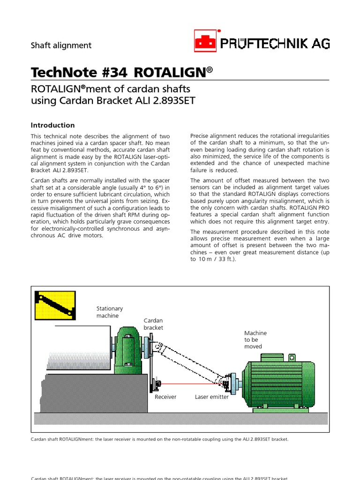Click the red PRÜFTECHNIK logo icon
205,41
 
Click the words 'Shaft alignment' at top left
61,45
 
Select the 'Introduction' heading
52,125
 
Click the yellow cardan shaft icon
55,305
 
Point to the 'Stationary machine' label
110,312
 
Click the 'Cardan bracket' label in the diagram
153,324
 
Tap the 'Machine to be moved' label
255,339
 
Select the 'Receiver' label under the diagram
165,397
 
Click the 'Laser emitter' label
212,397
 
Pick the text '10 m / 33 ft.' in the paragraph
216,259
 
